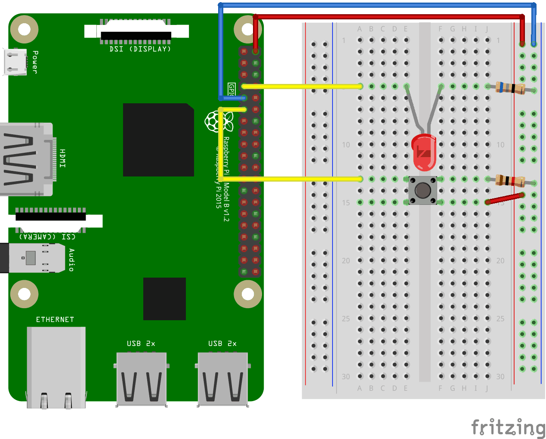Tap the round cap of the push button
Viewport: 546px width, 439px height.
tap(423, 190)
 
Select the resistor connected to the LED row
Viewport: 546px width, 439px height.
tap(510, 88)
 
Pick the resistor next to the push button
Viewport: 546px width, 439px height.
tap(510, 181)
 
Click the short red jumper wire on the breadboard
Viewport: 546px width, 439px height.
tap(505, 198)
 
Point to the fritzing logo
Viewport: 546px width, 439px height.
tap(508, 428)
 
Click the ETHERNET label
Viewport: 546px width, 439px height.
tap(55, 319)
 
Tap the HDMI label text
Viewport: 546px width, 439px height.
tap(63, 158)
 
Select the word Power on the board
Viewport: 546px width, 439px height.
tap(35, 62)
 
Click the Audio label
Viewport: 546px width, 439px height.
tap(71, 260)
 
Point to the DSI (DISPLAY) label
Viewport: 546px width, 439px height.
tap(140, 49)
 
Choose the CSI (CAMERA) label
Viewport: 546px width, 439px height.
tap(47, 236)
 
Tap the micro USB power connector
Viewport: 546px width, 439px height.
tap(15, 62)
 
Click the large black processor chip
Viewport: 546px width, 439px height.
tap(158, 140)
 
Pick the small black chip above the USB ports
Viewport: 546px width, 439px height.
tap(164, 299)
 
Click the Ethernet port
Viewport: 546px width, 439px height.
tap(56, 367)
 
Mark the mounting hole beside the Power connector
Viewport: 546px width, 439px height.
tap(24, 29)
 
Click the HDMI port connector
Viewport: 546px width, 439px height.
tap(26, 159)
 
